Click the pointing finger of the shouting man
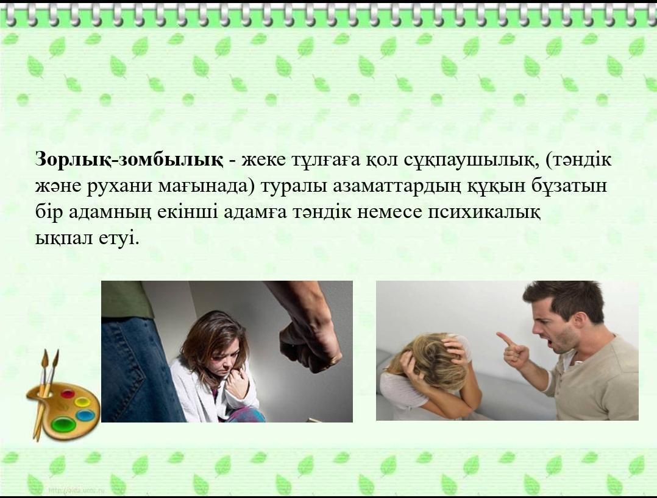(x=505, y=339)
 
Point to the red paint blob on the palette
(x=67, y=394)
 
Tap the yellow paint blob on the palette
(x=82, y=402)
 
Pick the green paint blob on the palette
(x=63, y=423)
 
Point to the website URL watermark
(x=77, y=489)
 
